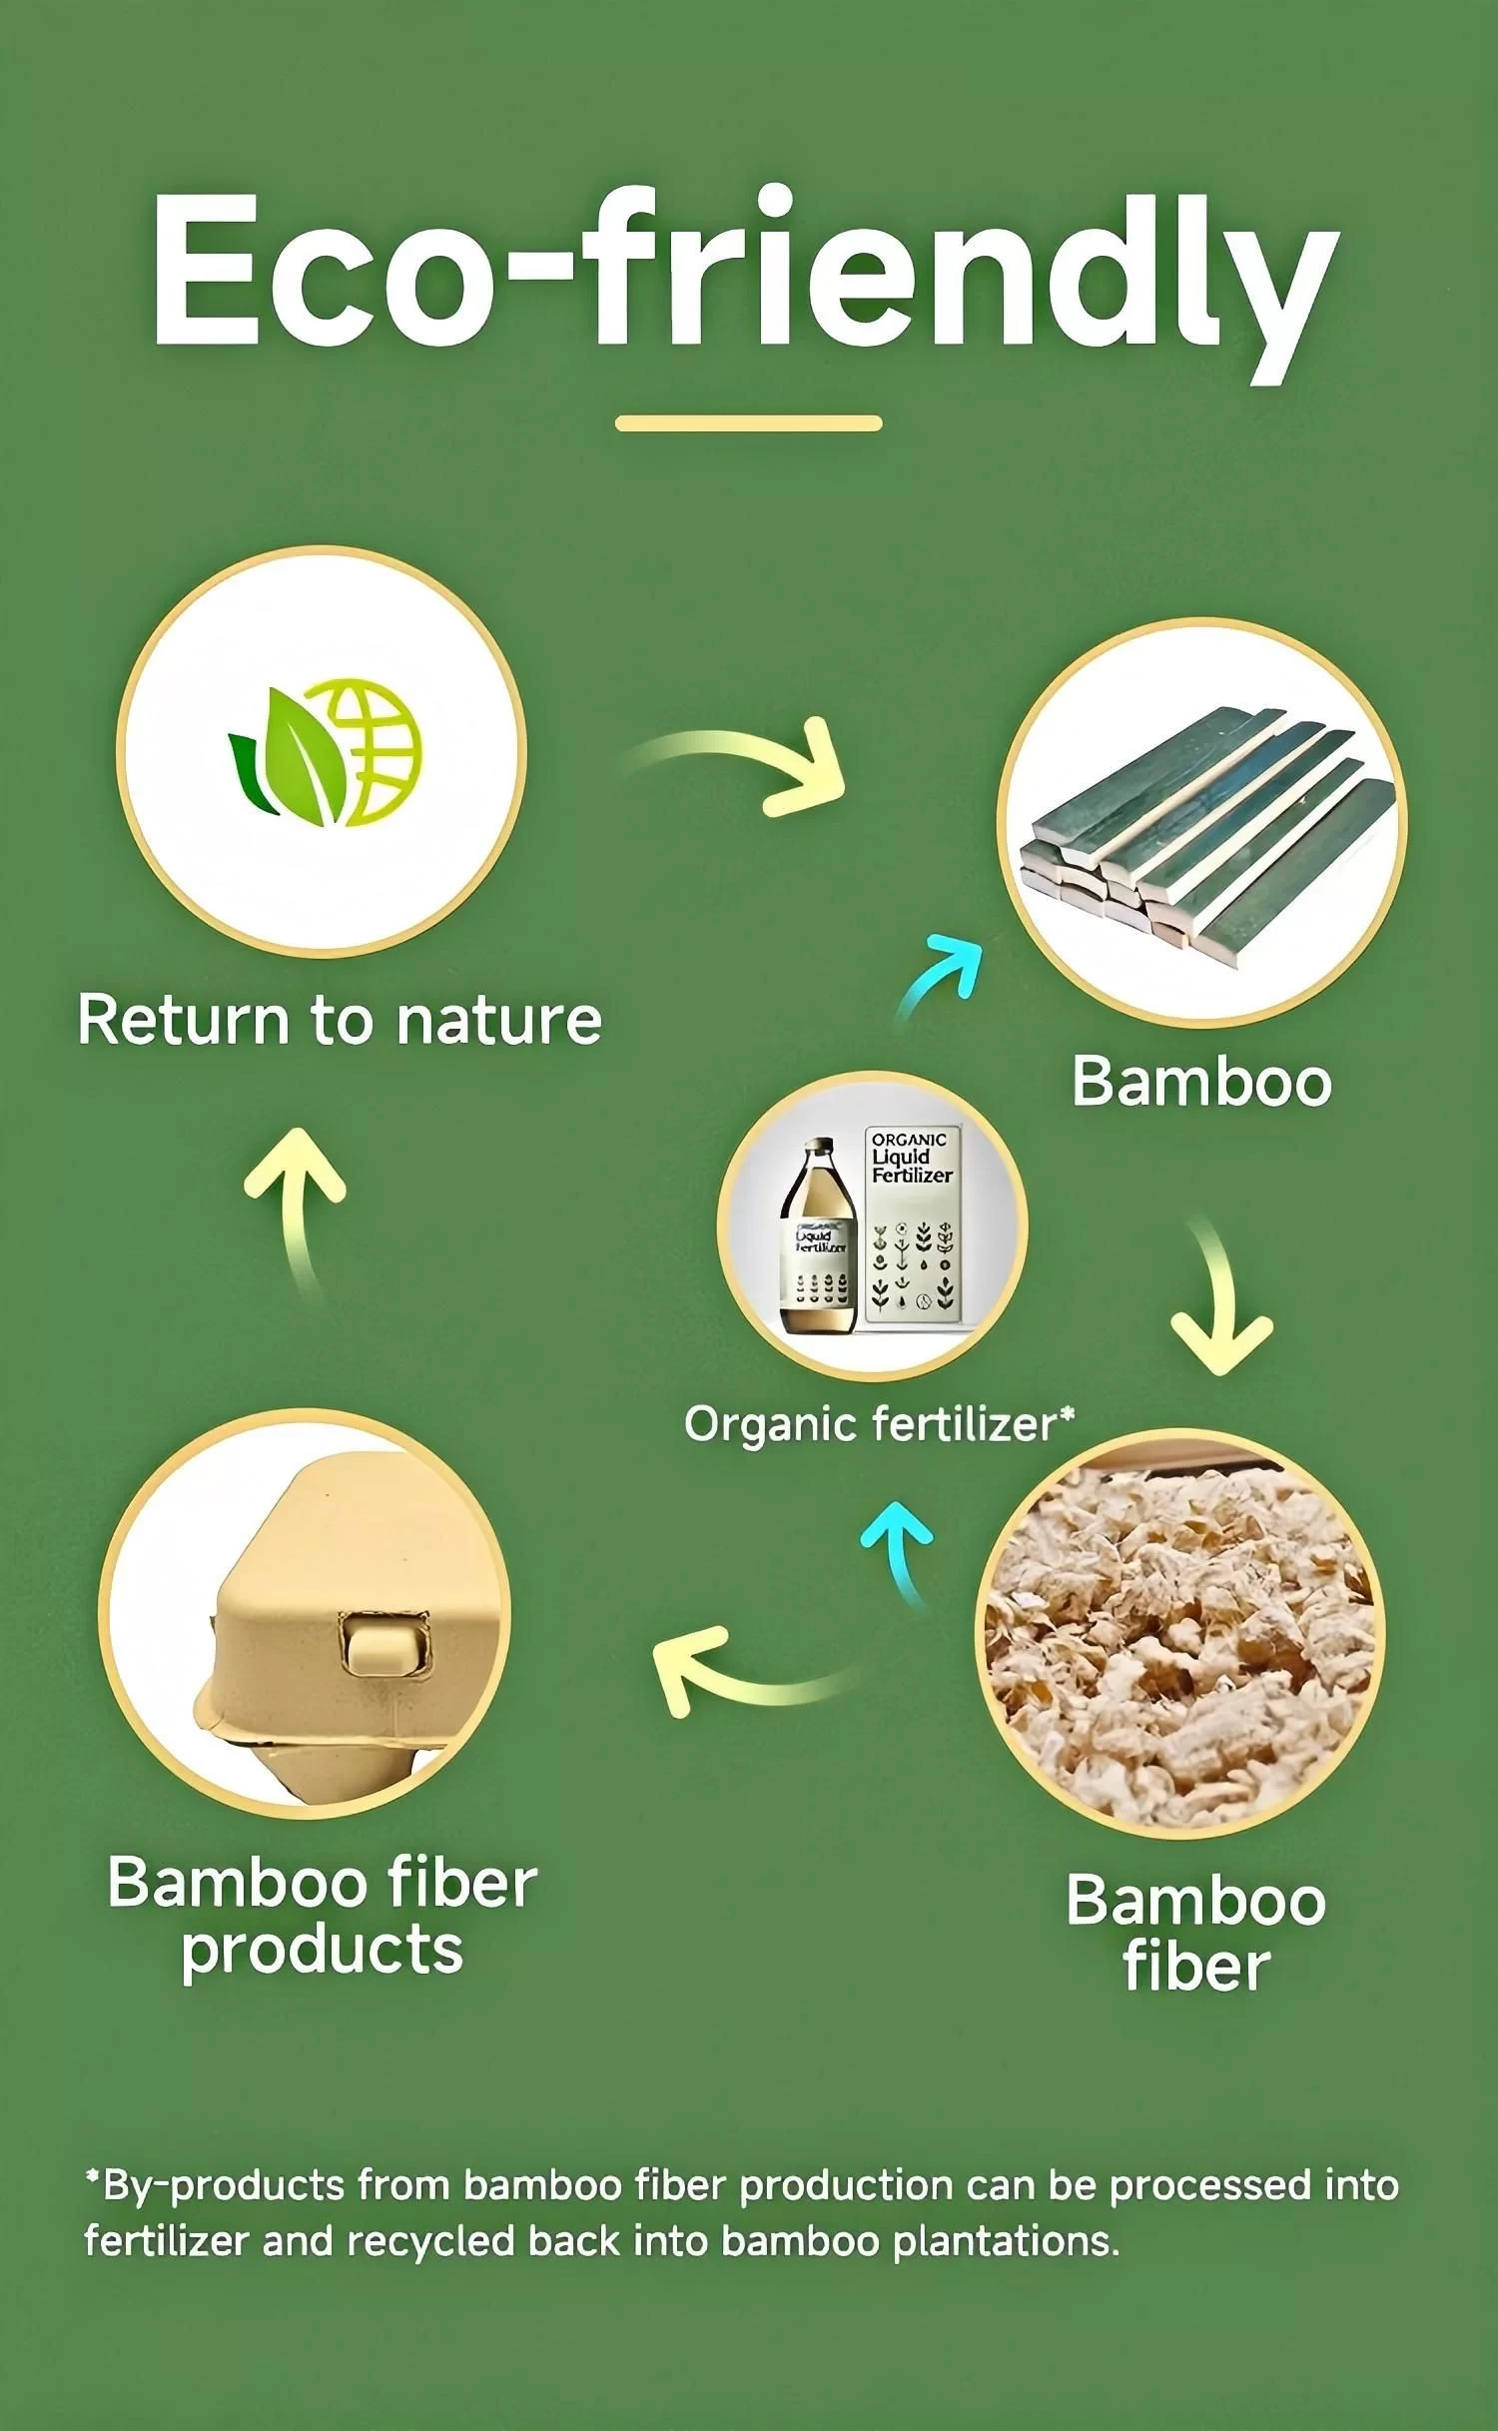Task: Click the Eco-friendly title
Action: click(x=744, y=275)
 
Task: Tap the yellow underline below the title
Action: click(x=748, y=423)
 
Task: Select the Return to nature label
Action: click(x=340, y=1021)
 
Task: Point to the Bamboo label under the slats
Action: click(x=1201, y=1082)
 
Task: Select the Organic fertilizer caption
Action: click(x=878, y=1424)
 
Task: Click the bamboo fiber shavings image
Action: click(x=1180, y=1633)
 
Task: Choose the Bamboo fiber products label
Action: click(x=322, y=1916)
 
